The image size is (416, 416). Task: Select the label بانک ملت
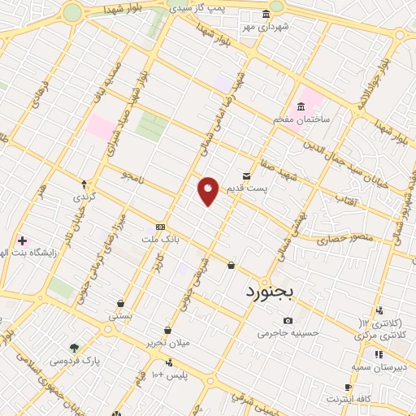tap(159, 240)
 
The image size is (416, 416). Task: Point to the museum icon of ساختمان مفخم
tap(301, 106)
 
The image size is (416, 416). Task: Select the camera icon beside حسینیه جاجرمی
tap(288, 320)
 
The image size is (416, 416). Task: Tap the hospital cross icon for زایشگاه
tap(22, 240)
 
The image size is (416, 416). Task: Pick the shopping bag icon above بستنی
tap(121, 303)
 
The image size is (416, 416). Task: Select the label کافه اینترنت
tap(349, 399)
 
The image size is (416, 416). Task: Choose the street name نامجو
tap(132, 174)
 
